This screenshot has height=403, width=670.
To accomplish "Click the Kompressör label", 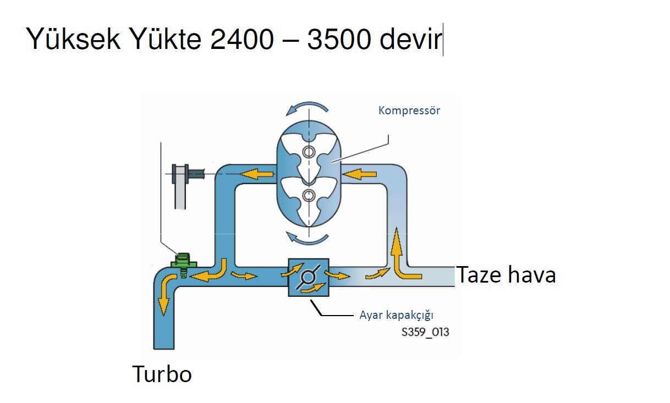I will (409, 111).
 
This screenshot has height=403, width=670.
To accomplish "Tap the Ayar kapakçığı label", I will (397, 315).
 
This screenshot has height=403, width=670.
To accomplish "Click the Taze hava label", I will (506, 274).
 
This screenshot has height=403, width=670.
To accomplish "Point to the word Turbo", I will (162, 374).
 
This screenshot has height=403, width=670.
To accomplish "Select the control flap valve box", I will (308, 277).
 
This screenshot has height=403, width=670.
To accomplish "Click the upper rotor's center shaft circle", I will (309, 152).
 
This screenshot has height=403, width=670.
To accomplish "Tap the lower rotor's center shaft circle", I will (309, 195).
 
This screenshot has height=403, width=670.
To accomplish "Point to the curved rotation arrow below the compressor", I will (308, 239).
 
